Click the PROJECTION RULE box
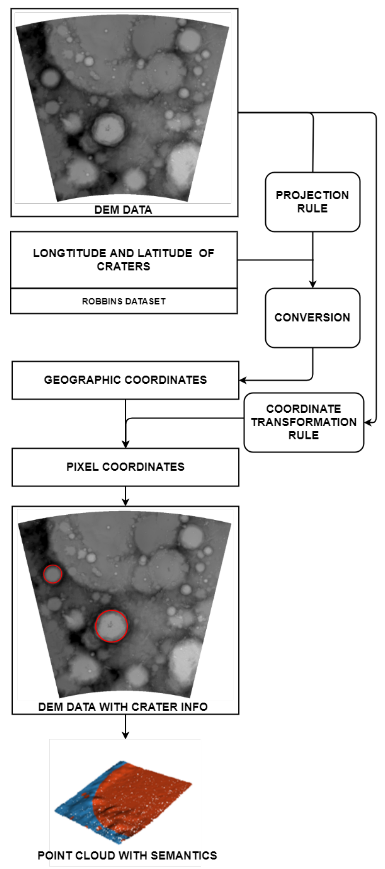pyautogui.click(x=312, y=202)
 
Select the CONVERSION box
pyautogui.click(x=312, y=318)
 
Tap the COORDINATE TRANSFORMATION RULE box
pyautogui.click(x=304, y=422)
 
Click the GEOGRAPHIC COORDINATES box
pyautogui.click(x=125, y=380)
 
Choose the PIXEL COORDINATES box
pyautogui.click(x=125, y=467)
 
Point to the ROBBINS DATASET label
pyautogui.click(x=124, y=301)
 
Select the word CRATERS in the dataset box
pyautogui.click(x=124, y=266)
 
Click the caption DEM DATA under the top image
pyautogui.click(x=123, y=210)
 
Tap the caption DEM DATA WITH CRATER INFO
pyautogui.click(x=123, y=707)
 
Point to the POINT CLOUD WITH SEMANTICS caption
pyautogui.click(x=127, y=855)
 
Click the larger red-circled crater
pyautogui.click(x=111, y=626)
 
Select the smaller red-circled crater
pyautogui.click(x=53, y=574)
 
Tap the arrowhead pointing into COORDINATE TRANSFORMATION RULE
pyautogui.click(x=368, y=422)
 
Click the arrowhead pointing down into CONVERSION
pyautogui.click(x=312, y=284)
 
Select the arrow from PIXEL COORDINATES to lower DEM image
pyautogui.click(x=125, y=496)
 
